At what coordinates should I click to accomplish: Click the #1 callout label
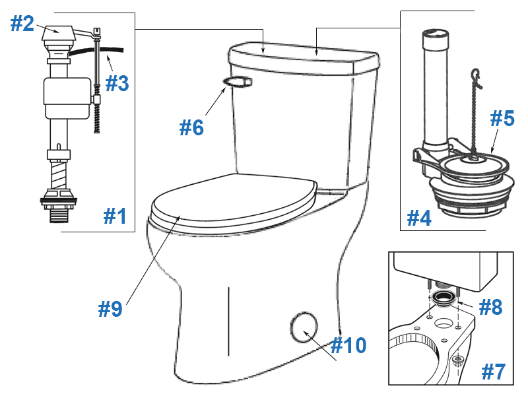[x=115, y=216]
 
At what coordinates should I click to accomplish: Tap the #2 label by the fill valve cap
[x=22, y=24]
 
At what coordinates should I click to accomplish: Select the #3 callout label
[x=117, y=83]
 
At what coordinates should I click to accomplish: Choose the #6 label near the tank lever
[x=192, y=127]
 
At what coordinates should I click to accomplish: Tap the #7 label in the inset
[x=493, y=372]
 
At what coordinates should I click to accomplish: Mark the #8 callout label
[x=489, y=307]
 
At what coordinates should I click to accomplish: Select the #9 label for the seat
[x=110, y=308]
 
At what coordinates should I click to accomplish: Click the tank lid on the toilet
[x=304, y=57]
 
